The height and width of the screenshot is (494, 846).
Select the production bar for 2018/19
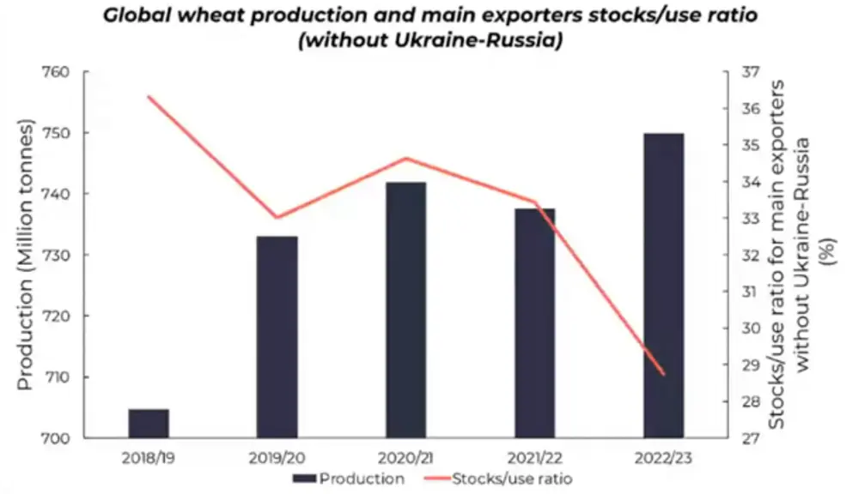pos(149,424)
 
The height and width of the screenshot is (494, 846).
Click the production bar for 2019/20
pos(277,337)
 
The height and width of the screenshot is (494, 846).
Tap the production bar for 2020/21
pos(405,310)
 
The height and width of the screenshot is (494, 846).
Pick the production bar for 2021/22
pos(535,323)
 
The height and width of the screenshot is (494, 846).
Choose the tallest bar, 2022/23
pos(664,286)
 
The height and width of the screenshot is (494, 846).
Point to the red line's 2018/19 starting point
pos(149,96)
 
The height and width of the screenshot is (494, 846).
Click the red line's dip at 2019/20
pos(277,218)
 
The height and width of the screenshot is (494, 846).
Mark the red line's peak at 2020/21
pos(405,159)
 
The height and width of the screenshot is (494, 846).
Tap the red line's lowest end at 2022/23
pos(664,375)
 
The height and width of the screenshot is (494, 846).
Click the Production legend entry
pos(349,479)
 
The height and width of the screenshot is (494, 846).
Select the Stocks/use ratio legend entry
pos(498,479)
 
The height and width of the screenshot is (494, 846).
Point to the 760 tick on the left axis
pos(56,72)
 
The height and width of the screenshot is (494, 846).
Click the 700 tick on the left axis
pos(56,438)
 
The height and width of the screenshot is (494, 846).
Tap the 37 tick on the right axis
pos(751,72)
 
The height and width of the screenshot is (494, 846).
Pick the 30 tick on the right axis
pos(751,328)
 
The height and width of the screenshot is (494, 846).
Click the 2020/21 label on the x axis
pos(405,458)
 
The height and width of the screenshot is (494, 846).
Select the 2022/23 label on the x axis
pos(663,458)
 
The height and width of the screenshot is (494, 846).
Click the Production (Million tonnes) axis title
pos(25,255)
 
